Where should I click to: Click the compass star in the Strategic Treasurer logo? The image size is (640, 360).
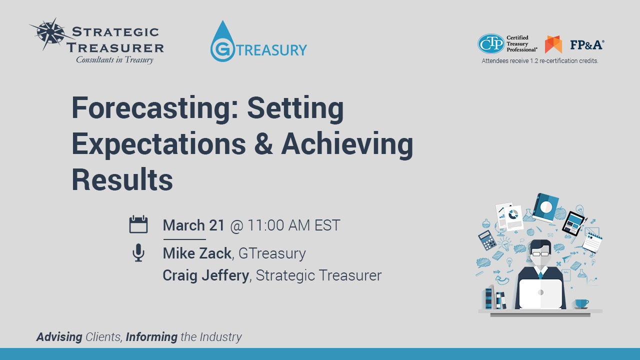tap(51, 33)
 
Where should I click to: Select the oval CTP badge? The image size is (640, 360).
tap(491, 43)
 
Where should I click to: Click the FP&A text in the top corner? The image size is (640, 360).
tap(587, 45)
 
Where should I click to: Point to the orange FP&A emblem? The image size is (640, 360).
tap(553, 44)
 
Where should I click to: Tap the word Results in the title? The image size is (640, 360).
tap(122, 179)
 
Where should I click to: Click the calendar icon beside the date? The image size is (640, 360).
tap(138, 224)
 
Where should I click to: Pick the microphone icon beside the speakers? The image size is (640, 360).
tap(138, 252)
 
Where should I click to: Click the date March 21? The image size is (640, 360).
tap(193, 225)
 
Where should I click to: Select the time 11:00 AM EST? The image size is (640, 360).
tap(293, 225)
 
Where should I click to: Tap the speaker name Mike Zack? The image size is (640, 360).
tap(197, 253)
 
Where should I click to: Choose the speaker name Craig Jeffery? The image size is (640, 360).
tap(205, 275)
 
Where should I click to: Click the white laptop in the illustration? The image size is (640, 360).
tap(540, 293)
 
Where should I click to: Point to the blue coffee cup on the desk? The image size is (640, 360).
tap(581, 303)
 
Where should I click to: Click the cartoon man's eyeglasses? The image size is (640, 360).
tap(539, 253)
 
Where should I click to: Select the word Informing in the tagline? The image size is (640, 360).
tap(151, 337)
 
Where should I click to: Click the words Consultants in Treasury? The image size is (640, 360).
tap(114, 59)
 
